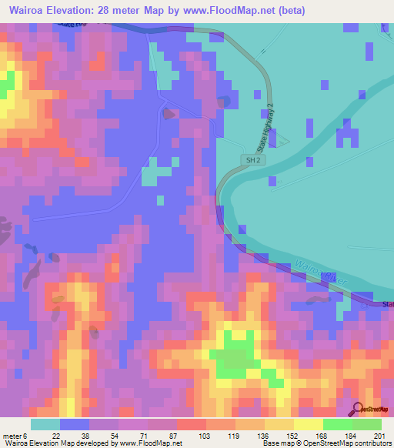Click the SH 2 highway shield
coord(251,160)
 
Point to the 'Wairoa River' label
coord(316,273)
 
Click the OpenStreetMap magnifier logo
coord(358,409)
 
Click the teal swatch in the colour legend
coord(45,424)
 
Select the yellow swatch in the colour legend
coord(309,424)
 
